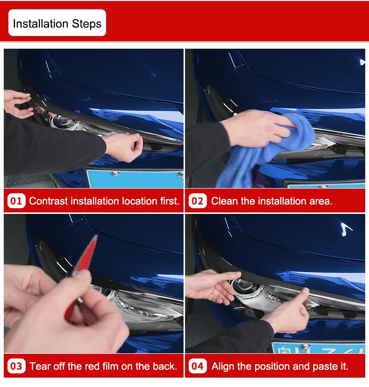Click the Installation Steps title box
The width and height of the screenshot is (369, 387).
[x=57, y=23]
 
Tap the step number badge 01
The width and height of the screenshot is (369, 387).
[x=16, y=201]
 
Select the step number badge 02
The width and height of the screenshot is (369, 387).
[x=198, y=201]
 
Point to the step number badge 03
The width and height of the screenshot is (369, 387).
[x=16, y=366]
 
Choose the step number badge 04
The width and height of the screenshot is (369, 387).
[x=198, y=366]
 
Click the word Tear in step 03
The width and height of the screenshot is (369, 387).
[x=40, y=366]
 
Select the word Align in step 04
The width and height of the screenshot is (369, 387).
[x=223, y=366]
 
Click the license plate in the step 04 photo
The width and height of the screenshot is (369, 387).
[x=318, y=348]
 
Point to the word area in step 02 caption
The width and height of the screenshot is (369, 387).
[x=320, y=201]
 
